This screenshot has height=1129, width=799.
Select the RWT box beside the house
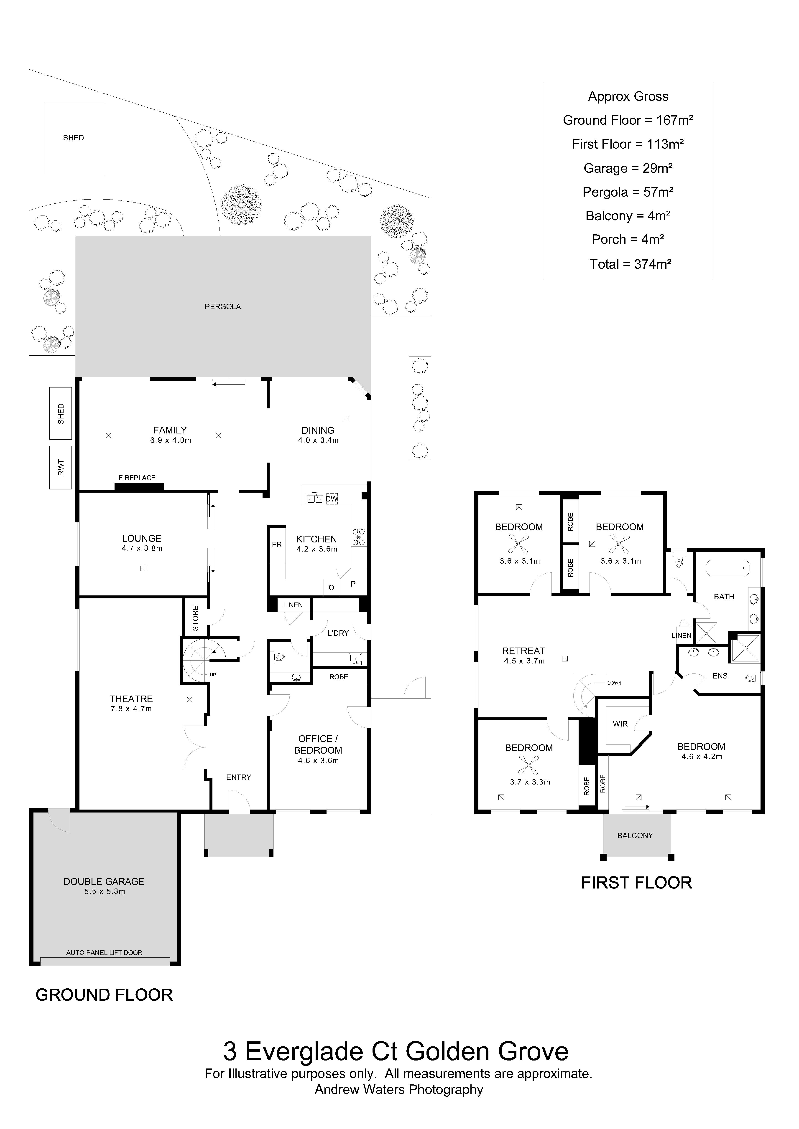[x=61, y=467]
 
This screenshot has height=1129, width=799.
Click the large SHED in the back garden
[x=74, y=138]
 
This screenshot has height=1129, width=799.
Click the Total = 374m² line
[x=630, y=264]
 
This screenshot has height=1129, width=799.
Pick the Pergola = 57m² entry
[x=628, y=192]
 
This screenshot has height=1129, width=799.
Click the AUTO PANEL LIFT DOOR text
[x=104, y=952]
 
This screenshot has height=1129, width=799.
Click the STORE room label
[x=195, y=618]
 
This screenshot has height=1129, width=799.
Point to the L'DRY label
[x=338, y=633]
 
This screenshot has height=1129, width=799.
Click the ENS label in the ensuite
[x=720, y=676]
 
